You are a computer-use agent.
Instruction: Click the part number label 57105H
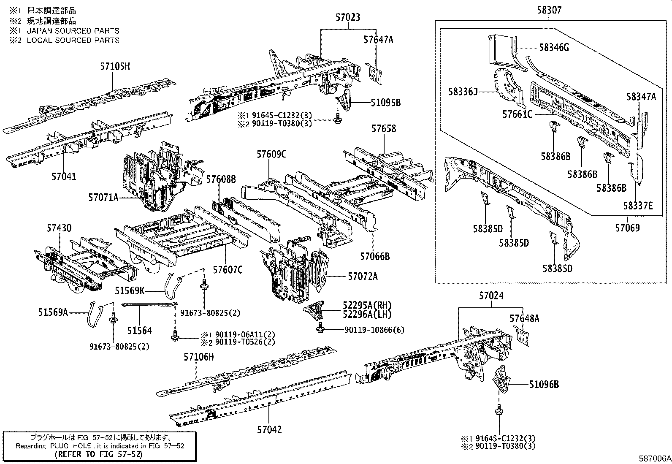coord(115,66)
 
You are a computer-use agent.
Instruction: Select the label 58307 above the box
coord(549,10)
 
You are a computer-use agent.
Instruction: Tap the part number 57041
coord(64,176)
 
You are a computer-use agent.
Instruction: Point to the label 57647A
coord(378,40)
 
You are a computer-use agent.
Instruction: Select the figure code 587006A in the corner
coord(654,459)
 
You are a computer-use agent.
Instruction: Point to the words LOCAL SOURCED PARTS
coord(73,41)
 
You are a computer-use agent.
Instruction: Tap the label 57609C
coord(271,155)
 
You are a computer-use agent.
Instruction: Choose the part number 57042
coord(269,430)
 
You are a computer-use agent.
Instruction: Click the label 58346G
coord(554,48)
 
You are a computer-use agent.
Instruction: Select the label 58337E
coord(638,206)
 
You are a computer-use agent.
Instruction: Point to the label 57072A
coord(363,277)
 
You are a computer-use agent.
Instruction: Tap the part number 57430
coord(59,228)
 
